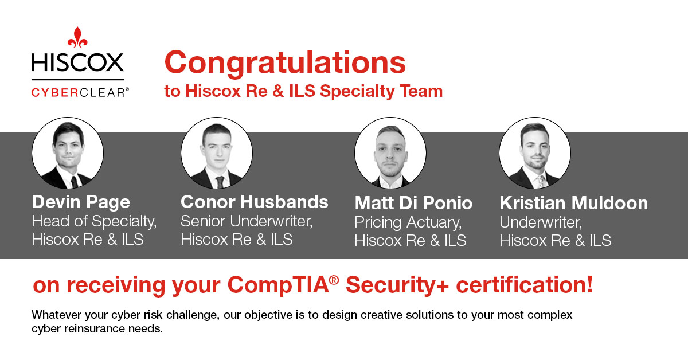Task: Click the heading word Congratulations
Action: pyautogui.click(x=285, y=63)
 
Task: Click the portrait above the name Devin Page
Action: pyautogui.click(x=68, y=153)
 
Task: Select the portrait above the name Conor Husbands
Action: pyautogui.click(x=216, y=153)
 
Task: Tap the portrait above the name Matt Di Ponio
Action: pyautogui.click(x=390, y=153)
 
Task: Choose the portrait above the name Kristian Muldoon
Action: pyautogui.click(x=534, y=153)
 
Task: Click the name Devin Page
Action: pyautogui.click(x=81, y=202)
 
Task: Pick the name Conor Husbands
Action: pyautogui.click(x=254, y=202)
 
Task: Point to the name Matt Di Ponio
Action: pyautogui.click(x=413, y=203)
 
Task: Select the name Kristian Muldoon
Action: pyautogui.click(x=573, y=203)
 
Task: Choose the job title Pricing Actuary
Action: pyautogui.click(x=407, y=221)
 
